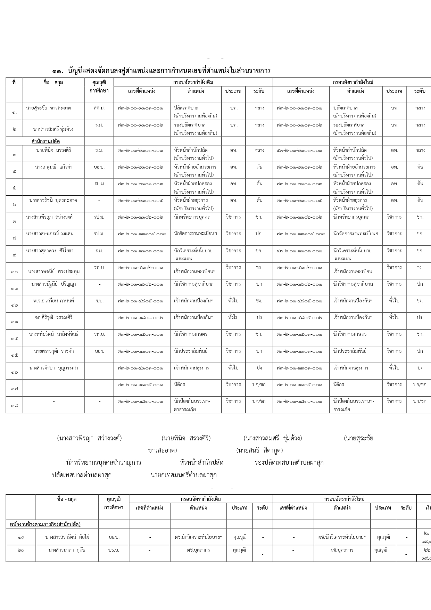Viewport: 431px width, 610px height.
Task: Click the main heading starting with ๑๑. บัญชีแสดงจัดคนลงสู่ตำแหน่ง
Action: [x=161, y=71]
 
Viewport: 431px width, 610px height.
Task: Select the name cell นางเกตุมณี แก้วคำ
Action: [x=53, y=167]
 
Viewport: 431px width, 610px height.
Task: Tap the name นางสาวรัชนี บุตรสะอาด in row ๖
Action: [x=53, y=201]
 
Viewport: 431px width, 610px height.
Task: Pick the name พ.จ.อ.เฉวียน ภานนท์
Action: [x=54, y=301]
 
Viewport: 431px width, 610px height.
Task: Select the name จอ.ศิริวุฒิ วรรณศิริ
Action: [x=54, y=317]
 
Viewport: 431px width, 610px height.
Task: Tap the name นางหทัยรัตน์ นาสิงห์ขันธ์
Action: [x=54, y=334]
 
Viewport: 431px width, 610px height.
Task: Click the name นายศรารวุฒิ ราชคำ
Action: [x=54, y=351]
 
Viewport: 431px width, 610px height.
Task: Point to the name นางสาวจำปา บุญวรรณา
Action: [x=54, y=368]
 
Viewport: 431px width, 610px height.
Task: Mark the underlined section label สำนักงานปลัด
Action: [x=45, y=141]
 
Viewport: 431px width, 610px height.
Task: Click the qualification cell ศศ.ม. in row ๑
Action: [x=99, y=108]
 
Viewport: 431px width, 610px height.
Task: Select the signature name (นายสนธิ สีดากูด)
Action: [x=259, y=450]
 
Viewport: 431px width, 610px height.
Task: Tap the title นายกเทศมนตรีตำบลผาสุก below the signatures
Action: [x=184, y=475]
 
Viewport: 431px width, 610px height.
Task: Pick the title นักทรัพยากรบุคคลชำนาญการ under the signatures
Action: [x=103, y=463]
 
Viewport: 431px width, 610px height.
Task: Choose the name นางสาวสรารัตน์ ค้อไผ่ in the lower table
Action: [x=67, y=537]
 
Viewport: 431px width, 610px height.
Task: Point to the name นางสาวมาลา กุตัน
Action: [x=67, y=550]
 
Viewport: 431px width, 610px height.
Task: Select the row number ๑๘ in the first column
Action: [x=14, y=405]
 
